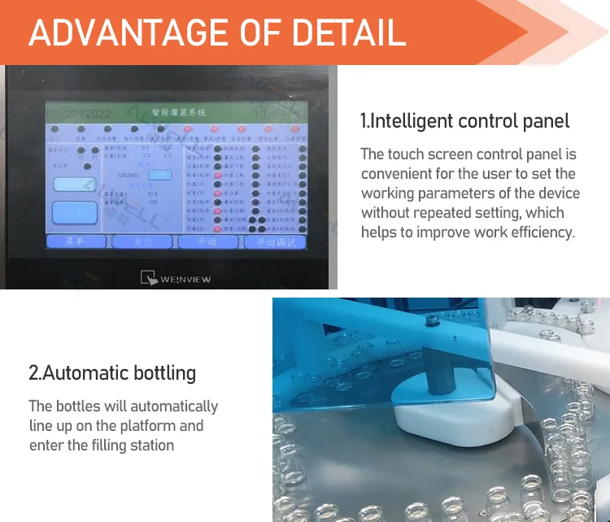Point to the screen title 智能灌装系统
point(178,111)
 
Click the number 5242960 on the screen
point(129,174)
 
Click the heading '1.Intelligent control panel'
point(464,121)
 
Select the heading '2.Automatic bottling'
point(112,372)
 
